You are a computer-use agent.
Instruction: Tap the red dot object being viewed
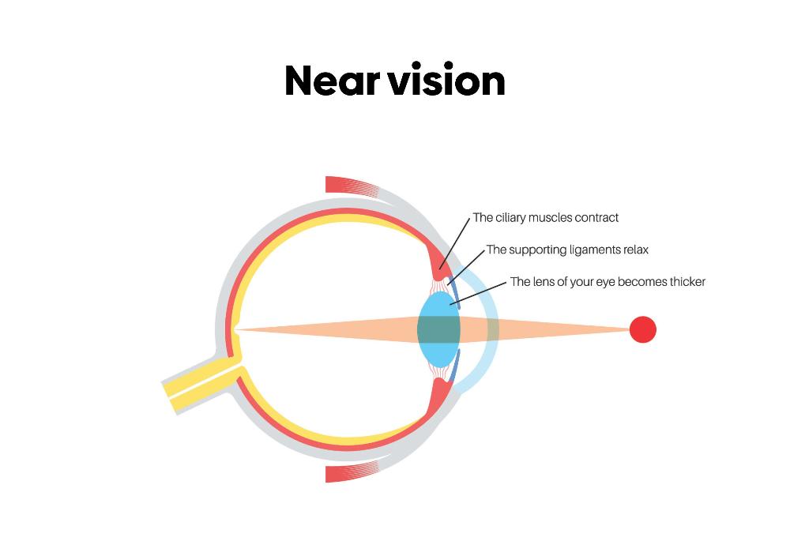tap(642, 329)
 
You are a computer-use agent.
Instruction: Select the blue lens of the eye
tap(438, 329)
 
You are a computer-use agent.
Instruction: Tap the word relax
tap(634, 250)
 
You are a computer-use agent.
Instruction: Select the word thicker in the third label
tap(683, 282)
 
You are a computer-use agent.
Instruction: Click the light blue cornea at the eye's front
tap(485, 329)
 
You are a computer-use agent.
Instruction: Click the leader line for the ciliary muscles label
tap(456, 241)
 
